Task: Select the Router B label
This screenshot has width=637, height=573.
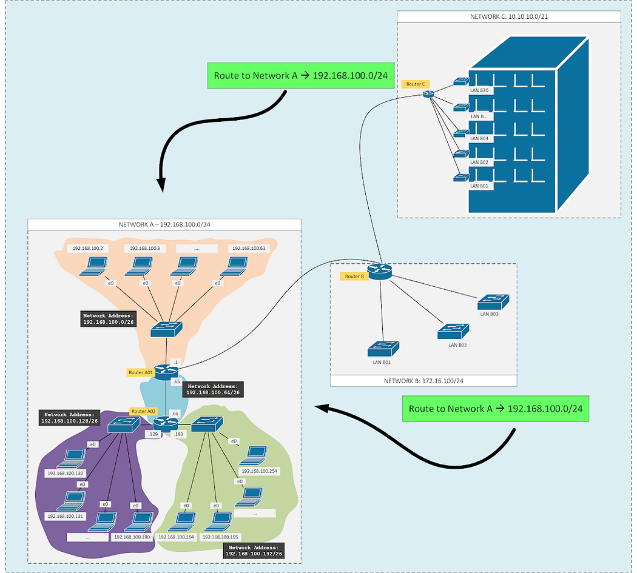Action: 354,276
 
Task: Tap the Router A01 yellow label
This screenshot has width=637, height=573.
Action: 140,372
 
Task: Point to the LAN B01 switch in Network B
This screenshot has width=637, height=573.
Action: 383,349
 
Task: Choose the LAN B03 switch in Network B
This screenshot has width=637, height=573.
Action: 493,301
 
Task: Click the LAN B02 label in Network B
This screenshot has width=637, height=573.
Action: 457,344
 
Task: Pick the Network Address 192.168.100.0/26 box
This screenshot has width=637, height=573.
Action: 107,319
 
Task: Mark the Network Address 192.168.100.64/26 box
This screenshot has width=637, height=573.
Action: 212,389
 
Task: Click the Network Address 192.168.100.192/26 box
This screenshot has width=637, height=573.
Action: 254,550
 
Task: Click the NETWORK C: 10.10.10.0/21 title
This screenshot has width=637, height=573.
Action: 508,16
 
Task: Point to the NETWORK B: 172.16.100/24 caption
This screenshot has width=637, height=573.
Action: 423,380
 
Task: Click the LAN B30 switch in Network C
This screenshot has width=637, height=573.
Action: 461,81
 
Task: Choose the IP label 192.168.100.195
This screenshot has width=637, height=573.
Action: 221,537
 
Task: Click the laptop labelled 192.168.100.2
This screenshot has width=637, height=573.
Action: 95,265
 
